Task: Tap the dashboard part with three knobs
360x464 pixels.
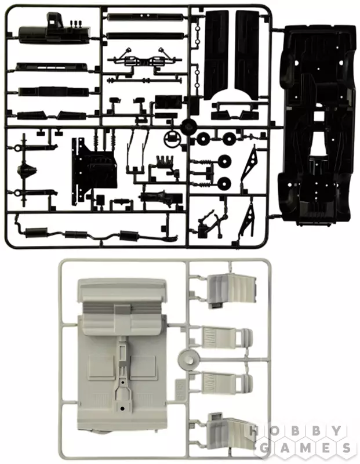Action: (54, 29)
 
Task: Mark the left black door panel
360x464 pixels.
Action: (217, 56)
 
